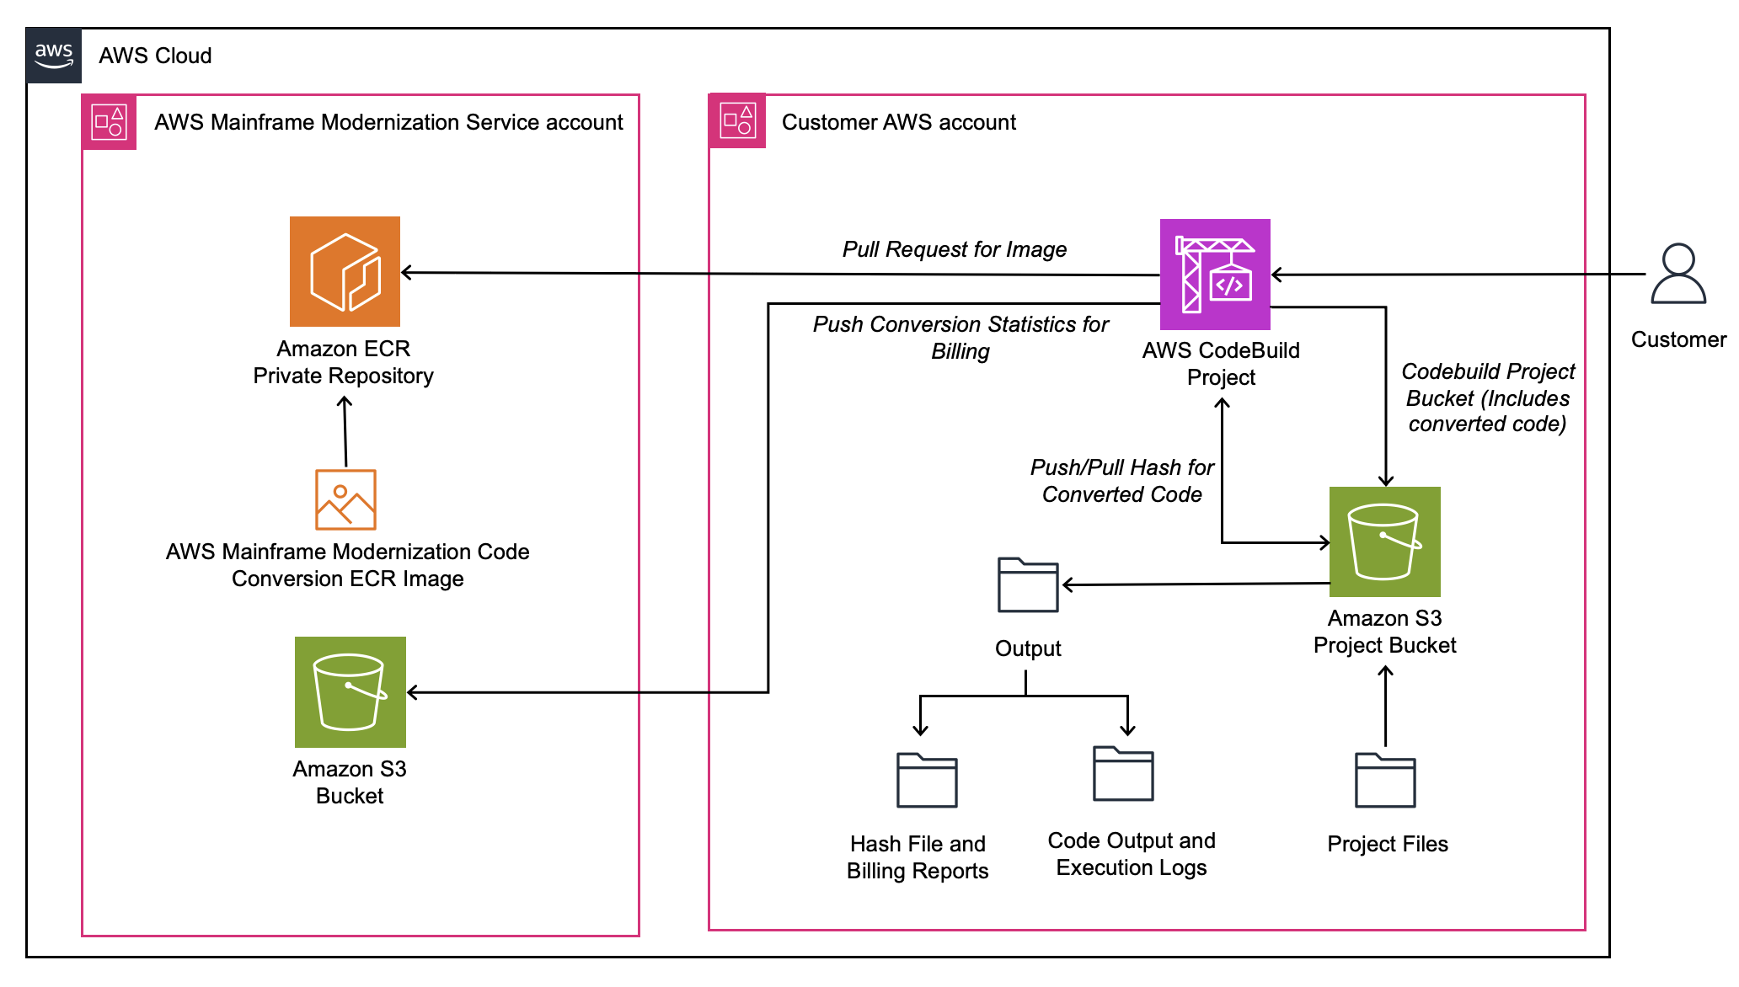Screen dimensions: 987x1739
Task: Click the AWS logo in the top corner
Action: (x=54, y=56)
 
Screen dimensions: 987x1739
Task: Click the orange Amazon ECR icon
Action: (x=345, y=271)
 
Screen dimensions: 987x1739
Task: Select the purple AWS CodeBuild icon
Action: (x=1215, y=275)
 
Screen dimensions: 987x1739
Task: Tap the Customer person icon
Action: (x=1678, y=275)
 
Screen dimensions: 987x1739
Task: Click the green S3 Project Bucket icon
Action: (x=1384, y=542)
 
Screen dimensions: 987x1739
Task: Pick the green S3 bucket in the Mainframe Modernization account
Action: (x=350, y=692)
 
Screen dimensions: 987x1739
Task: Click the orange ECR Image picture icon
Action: (x=345, y=499)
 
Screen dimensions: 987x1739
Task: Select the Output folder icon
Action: (x=1028, y=584)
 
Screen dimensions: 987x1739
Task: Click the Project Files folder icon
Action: (x=1385, y=780)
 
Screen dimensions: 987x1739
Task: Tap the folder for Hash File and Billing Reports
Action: (x=927, y=780)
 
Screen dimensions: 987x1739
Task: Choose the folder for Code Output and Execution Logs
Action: (x=1123, y=773)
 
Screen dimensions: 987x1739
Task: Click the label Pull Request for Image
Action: (x=955, y=249)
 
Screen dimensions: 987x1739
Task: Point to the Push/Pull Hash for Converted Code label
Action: (x=1122, y=481)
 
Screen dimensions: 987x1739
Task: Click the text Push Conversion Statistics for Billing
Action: (x=960, y=337)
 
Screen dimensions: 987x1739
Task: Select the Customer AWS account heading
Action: (x=899, y=122)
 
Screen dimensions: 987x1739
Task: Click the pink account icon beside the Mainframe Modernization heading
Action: (x=110, y=122)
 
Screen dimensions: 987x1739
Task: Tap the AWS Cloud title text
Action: (x=155, y=56)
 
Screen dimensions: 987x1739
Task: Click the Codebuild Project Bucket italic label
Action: (x=1487, y=397)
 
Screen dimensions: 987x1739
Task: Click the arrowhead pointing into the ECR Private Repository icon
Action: (x=407, y=272)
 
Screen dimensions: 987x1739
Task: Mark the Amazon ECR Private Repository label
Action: (x=344, y=362)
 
